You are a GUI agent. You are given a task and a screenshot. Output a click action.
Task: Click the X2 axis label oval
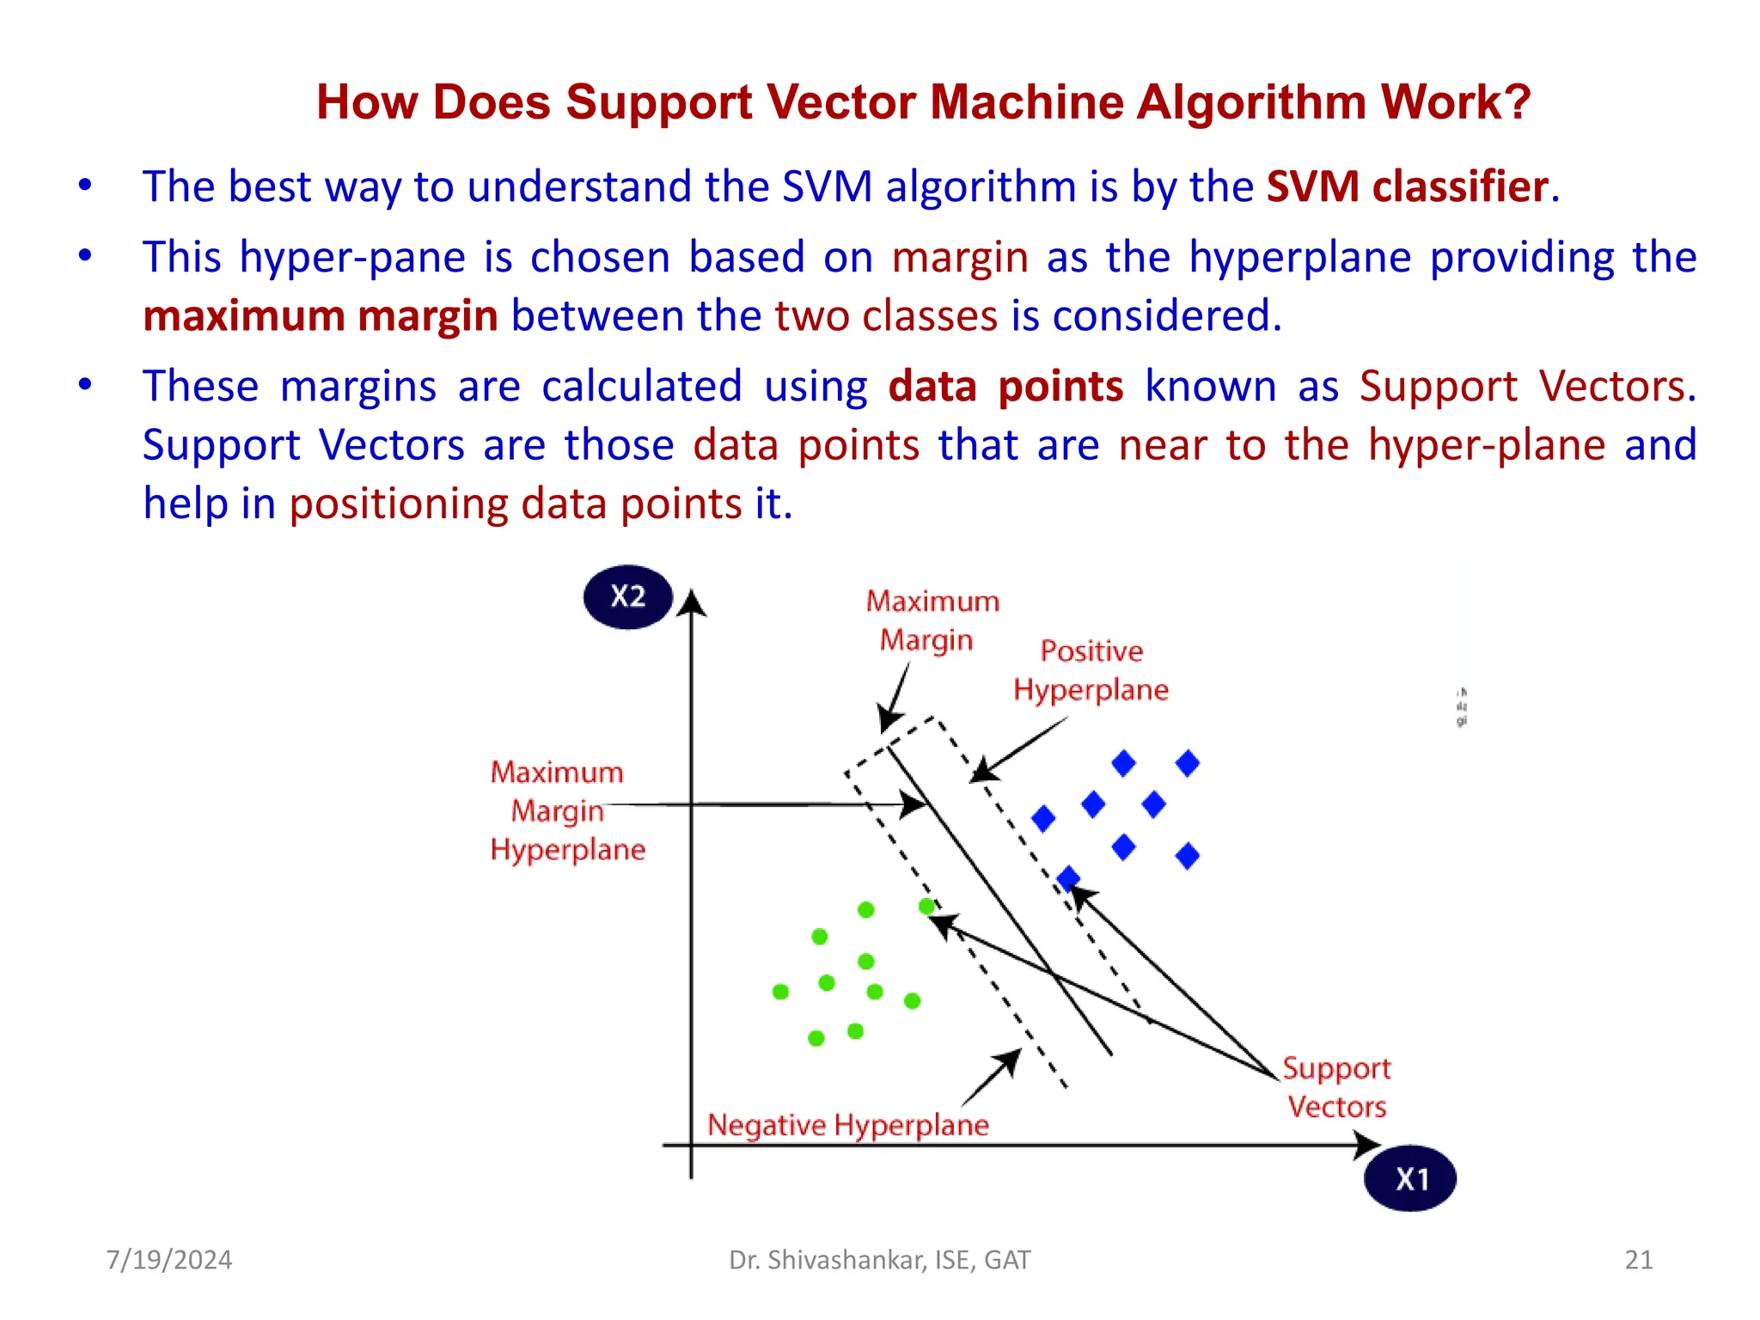click(x=627, y=596)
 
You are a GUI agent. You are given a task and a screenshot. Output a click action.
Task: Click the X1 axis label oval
click(x=1409, y=1178)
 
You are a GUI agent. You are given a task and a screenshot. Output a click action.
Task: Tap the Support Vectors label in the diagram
click(x=1336, y=1087)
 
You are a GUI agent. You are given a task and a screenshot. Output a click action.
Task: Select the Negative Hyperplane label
click(x=847, y=1125)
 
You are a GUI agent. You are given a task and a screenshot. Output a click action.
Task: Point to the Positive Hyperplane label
click(x=1091, y=670)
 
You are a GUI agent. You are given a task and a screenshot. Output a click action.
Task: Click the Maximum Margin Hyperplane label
click(x=566, y=810)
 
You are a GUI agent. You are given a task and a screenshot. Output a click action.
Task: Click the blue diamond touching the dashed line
click(x=1068, y=878)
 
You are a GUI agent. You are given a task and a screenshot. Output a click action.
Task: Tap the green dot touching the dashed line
click(x=926, y=907)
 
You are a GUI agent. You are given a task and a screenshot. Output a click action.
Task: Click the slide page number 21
click(x=1638, y=1260)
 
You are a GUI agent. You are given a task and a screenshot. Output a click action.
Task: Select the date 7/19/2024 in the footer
click(x=169, y=1260)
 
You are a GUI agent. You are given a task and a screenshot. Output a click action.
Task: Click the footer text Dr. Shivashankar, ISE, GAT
click(x=879, y=1260)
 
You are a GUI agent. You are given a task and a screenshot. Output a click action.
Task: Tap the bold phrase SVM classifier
click(x=1407, y=186)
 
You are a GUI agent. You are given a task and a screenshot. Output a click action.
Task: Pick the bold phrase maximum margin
click(x=321, y=315)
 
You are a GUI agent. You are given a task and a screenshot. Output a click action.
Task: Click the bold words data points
click(x=1005, y=386)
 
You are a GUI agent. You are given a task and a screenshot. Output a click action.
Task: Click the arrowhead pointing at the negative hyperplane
click(x=1008, y=1062)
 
